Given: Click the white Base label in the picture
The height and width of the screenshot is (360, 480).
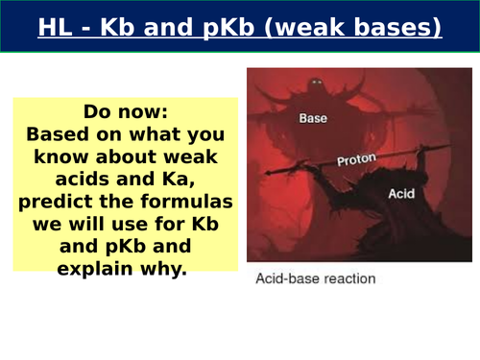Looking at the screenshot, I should (x=315, y=119).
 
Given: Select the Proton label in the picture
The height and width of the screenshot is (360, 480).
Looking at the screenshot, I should (x=356, y=160).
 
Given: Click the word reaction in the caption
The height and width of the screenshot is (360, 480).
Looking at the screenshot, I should (x=347, y=279).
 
